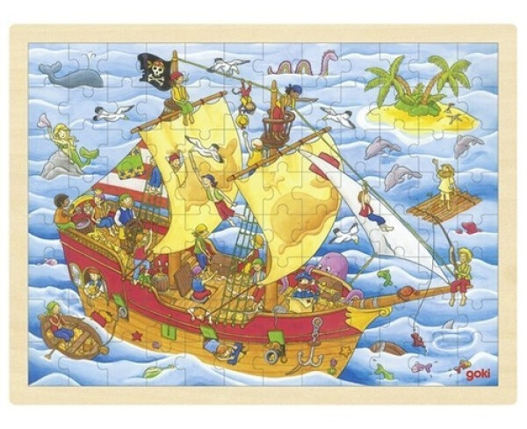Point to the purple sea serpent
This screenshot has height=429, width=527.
point(303,64)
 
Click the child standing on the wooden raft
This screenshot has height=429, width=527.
point(446,183)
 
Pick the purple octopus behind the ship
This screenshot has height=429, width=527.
point(333,267)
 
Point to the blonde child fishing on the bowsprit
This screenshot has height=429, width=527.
point(460,273)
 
